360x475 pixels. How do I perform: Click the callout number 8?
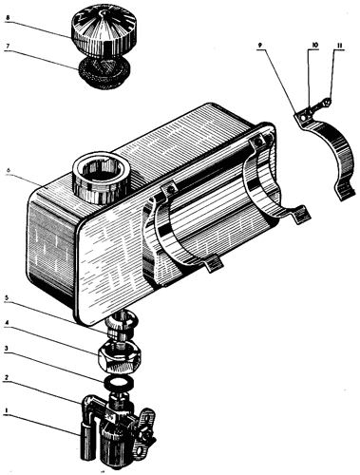pyautogui.click(x=8, y=18)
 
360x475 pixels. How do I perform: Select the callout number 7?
pyautogui.click(x=8, y=46)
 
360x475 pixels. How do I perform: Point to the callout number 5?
pyautogui.click(x=8, y=298)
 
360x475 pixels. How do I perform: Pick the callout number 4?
pyautogui.click(x=7, y=323)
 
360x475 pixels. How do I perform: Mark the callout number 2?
pyautogui.click(x=7, y=378)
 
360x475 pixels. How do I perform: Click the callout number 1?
pyautogui.click(x=6, y=410)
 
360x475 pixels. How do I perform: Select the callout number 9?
pyautogui.click(x=259, y=46)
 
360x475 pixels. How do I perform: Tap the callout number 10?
pyautogui.click(x=314, y=46)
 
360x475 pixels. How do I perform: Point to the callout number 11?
pyautogui.click(x=339, y=46)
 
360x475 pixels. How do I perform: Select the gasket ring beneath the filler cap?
pyautogui.click(x=104, y=72)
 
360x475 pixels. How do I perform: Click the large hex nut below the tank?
pyautogui.click(x=120, y=357)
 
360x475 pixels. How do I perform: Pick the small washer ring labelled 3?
pyautogui.click(x=120, y=383)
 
